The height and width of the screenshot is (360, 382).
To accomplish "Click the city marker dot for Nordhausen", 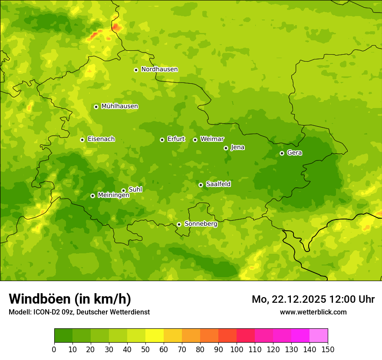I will pyautogui.click(x=136, y=70).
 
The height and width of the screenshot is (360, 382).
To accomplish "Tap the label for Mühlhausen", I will pyautogui.click(x=119, y=106).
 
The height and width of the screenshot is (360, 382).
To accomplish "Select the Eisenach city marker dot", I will pyautogui.click(x=82, y=140).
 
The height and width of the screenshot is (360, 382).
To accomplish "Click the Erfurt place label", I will pyautogui.click(x=176, y=139).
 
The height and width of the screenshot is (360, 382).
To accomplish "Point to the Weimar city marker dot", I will pyautogui.click(x=195, y=140).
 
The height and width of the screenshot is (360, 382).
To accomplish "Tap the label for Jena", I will pyautogui.click(x=237, y=147).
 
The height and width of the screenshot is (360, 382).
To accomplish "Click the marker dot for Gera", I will pyautogui.click(x=282, y=153).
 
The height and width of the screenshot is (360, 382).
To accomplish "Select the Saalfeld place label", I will pyautogui.click(x=218, y=184).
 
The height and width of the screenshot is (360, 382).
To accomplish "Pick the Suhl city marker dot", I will pyautogui.click(x=123, y=190).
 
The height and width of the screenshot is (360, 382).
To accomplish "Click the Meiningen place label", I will pyautogui.click(x=113, y=195).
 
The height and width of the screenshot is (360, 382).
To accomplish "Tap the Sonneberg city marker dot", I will pyautogui.click(x=179, y=225).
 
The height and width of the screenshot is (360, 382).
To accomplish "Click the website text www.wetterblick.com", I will pyautogui.click(x=313, y=312).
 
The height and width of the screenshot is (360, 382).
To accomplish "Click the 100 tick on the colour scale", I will pyautogui.click(x=237, y=349).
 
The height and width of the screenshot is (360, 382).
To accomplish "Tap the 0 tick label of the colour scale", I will pyautogui.click(x=54, y=349).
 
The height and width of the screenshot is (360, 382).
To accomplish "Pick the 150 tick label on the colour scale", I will pyautogui.click(x=328, y=349).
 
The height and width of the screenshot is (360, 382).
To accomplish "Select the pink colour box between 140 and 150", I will pyautogui.click(x=319, y=336).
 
